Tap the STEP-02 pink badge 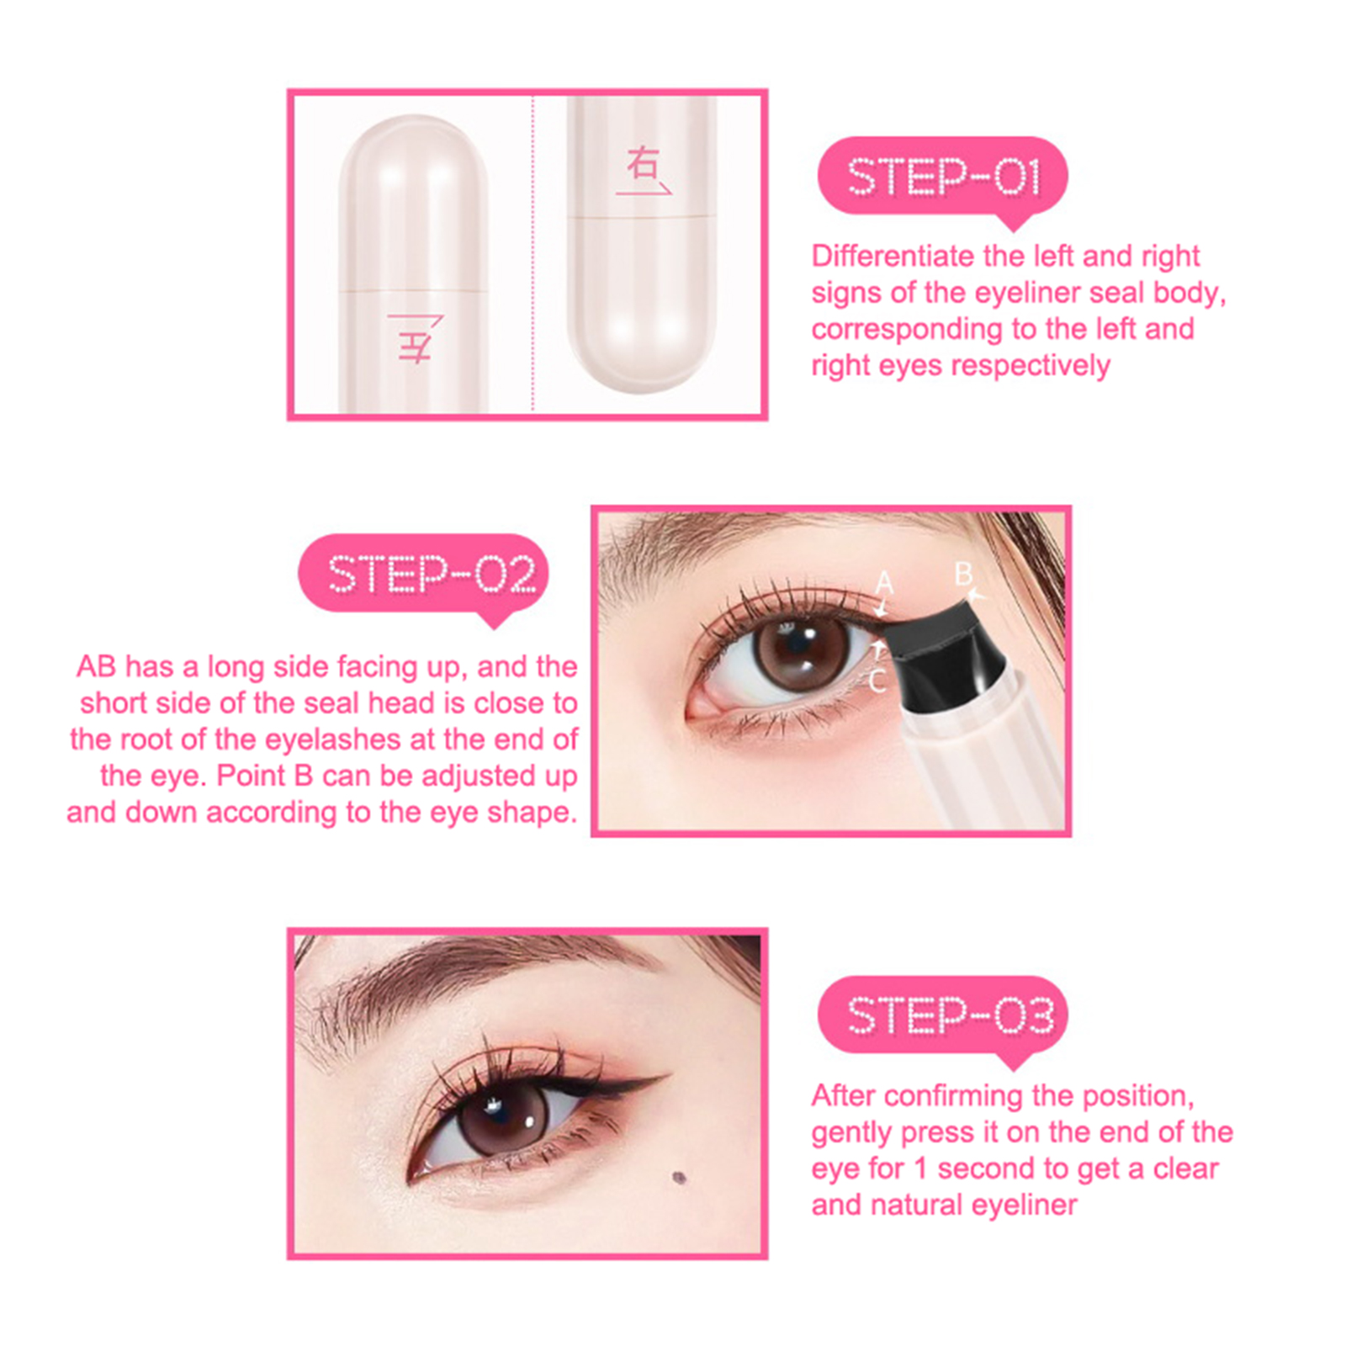[x=423, y=575]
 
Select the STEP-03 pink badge [x=942, y=1016]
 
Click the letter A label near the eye [x=883, y=582]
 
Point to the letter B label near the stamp [x=963, y=575]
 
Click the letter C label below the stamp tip [x=877, y=681]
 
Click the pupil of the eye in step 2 [x=795, y=649]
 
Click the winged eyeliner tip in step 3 [x=670, y=1074]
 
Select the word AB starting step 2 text [x=96, y=666]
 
